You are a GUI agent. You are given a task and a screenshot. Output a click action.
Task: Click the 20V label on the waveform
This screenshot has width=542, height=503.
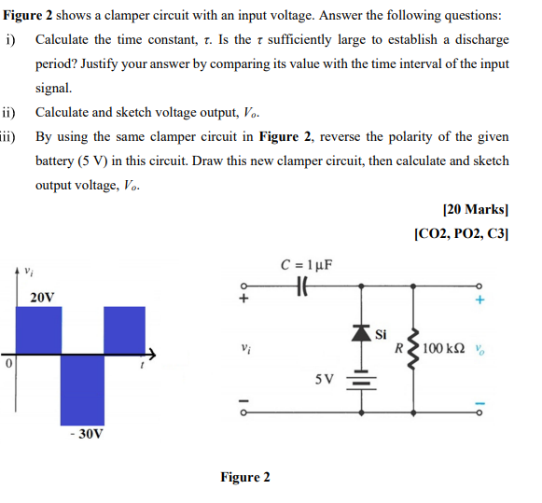[x=42, y=298]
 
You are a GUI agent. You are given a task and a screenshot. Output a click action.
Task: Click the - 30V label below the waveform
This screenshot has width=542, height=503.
[x=85, y=433]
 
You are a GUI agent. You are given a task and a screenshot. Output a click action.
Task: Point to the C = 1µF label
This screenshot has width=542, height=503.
[x=307, y=264]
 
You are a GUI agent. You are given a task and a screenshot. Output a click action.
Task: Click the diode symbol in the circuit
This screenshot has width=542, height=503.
[x=359, y=331]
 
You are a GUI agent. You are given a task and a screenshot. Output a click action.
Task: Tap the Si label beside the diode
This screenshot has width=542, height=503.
[x=381, y=333]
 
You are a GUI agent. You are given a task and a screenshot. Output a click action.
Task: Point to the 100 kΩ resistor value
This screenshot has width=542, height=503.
[x=444, y=349]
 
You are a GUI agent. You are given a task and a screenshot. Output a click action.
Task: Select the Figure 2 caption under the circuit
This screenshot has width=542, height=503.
[x=245, y=477]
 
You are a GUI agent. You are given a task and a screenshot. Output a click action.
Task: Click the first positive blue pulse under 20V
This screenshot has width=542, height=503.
[x=36, y=328]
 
